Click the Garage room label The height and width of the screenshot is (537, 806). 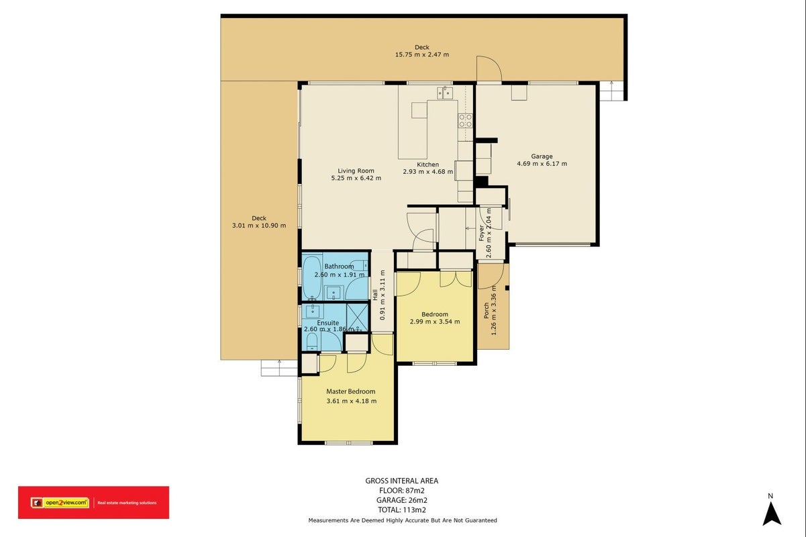click(542, 156)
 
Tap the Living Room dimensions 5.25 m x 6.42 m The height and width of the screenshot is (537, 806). click(356, 178)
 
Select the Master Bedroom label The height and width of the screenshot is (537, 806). click(350, 391)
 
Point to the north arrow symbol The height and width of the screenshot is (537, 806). click(772, 514)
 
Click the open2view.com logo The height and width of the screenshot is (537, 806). click(60, 503)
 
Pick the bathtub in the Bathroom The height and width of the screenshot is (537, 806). click(311, 277)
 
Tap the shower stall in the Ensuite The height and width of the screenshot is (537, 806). click(357, 318)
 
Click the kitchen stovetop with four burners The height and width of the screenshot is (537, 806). click(465, 121)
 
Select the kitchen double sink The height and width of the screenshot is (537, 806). click(445, 93)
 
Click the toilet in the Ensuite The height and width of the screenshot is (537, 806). click(311, 341)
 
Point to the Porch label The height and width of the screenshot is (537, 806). click(486, 311)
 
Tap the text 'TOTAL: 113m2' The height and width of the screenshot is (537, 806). click(401, 509)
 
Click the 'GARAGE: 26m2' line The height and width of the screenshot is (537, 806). click(401, 500)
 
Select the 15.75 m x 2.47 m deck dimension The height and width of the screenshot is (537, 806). click(422, 55)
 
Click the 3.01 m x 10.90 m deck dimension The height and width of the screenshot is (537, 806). click(259, 226)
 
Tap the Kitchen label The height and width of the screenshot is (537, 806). click(427, 164)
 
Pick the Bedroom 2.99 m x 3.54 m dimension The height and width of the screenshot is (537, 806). click(435, 322)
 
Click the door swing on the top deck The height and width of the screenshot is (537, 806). click(489, 68)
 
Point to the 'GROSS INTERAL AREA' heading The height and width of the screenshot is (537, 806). click(401, 481)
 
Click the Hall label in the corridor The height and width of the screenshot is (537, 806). click(375, 295)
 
